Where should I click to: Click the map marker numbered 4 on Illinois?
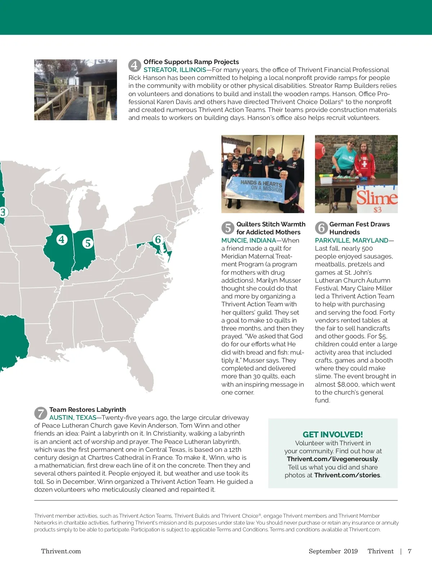coord(62,239)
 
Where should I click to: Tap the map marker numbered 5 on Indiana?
coord(88,243)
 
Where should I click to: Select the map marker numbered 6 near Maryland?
coord(158,239)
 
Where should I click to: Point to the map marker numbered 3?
coord(3,212)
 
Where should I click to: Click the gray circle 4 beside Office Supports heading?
coord(134,65)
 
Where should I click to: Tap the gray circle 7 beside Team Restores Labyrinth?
coord(41,413)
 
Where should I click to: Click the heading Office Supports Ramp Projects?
coord(191,62)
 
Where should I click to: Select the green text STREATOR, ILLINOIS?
coord(175,70)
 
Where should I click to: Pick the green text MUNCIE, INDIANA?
coord(249,240)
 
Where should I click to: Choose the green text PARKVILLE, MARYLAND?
coord(352,240)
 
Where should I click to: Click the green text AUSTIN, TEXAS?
coord(73,418)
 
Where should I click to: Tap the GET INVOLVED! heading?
coord(333,435)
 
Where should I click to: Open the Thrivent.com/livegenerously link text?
coord(332,459)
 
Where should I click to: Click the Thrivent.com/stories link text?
coord(347,475)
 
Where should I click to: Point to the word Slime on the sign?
coord(377,198)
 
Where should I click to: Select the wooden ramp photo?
coord(76,90)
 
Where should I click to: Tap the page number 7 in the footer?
coord(410,551)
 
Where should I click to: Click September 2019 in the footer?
coord(333,551)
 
